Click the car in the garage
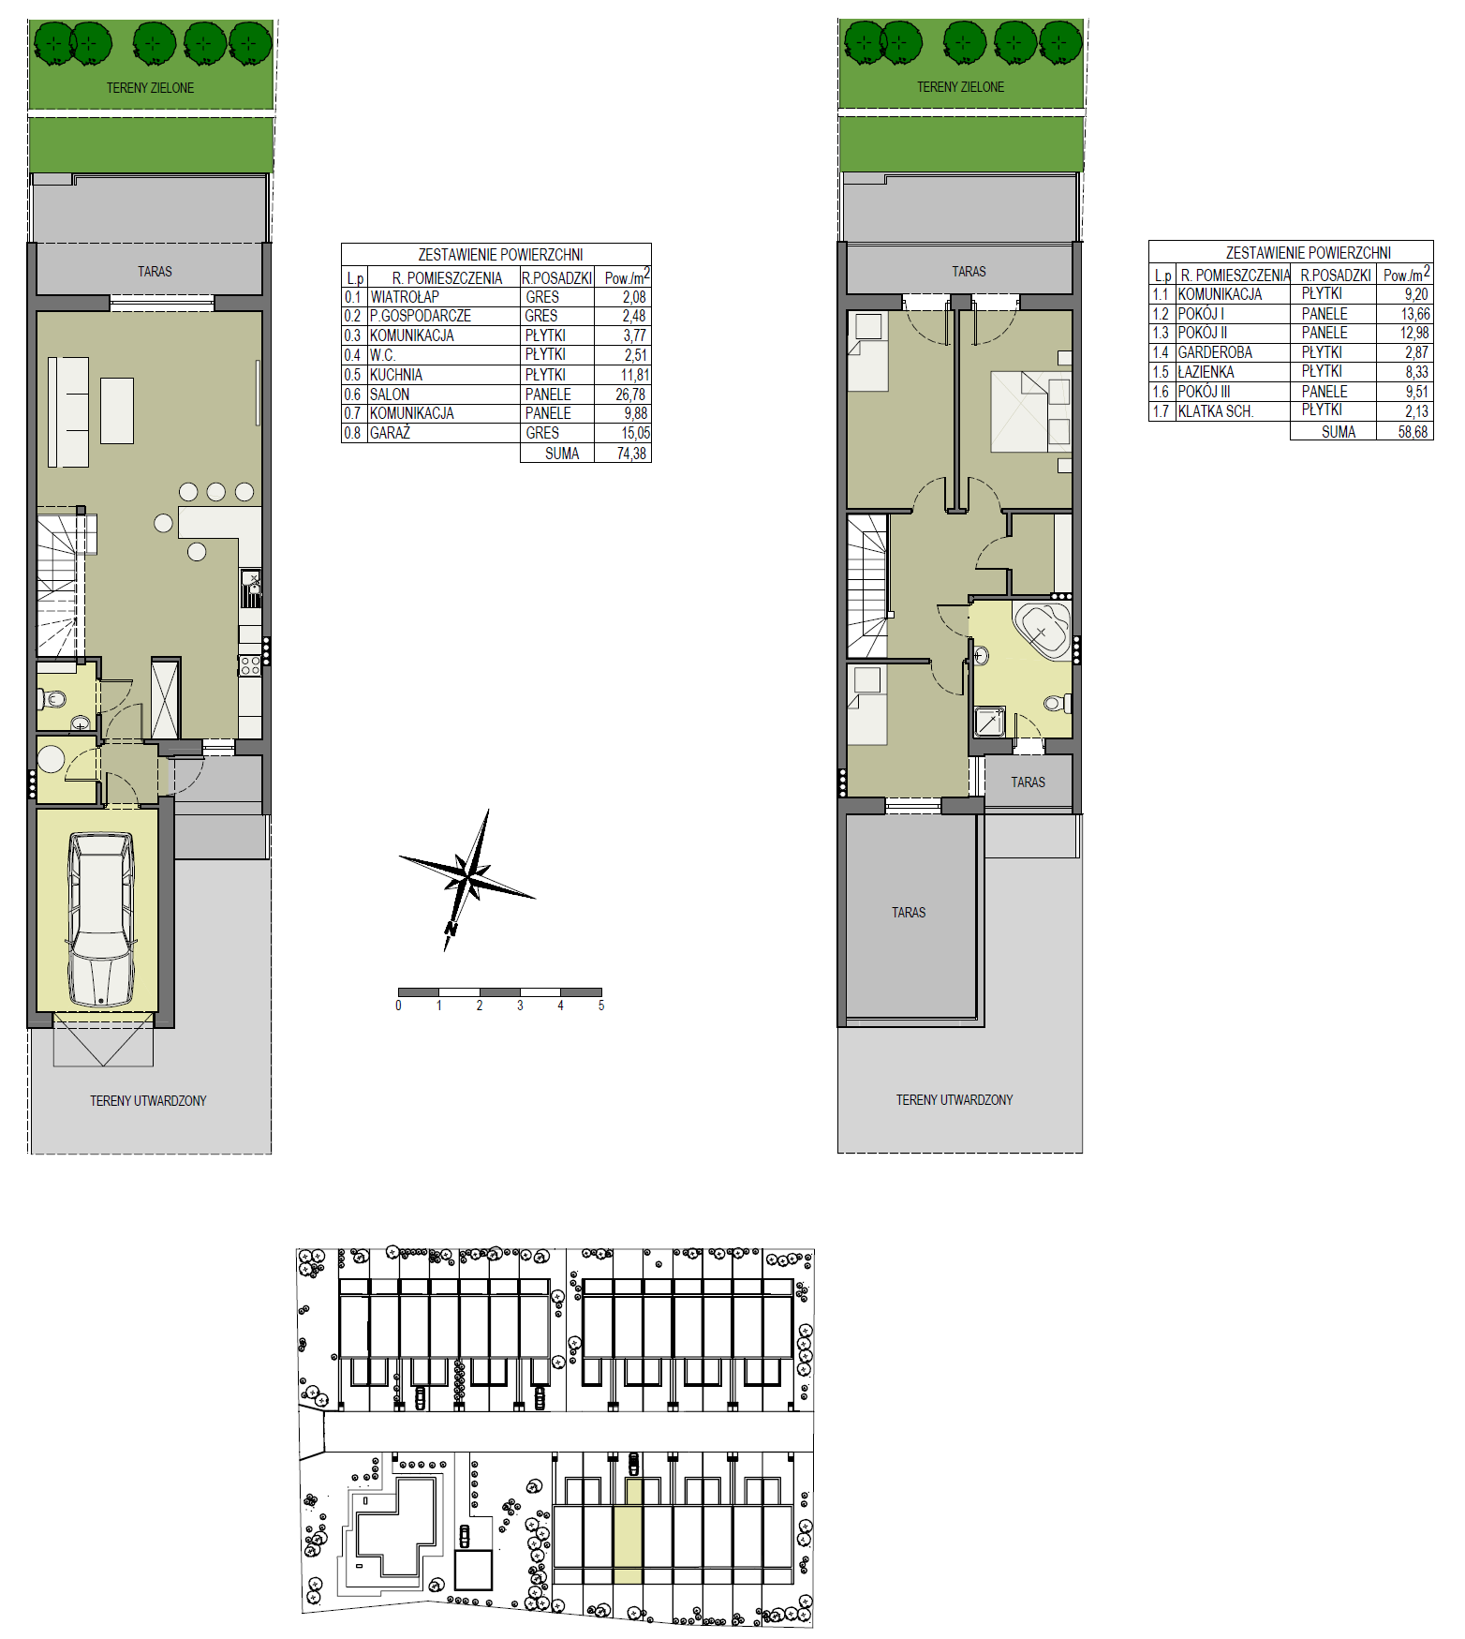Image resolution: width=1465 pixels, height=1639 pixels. pyautogui.click(x=100, y=920)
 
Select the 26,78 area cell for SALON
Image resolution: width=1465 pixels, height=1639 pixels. pyautogui.click(x=630, y=395)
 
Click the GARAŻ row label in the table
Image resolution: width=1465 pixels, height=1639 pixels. pyautogui.click(x=391, y=433)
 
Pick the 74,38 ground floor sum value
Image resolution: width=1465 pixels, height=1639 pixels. pyautogui.click(x=631, y=454)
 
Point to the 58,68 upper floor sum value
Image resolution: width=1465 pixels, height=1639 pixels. pyautogui.click(x=1413, y=432)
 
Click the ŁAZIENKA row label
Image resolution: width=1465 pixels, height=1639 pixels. pyautogui.click(x=1206, y=372)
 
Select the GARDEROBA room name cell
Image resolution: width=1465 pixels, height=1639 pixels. pyautogui.click(x=1215, y=352)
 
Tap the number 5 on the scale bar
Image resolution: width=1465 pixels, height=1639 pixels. pyautogui.click(x=601, y=1006)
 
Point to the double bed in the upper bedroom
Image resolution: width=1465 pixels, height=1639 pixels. pyautogui.click(x=1030, y=412)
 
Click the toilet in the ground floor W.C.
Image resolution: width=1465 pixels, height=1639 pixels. pyautogui.click(x=53, y=698)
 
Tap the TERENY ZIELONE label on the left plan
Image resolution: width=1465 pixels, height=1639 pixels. pyautogui.click(x=150, y=88)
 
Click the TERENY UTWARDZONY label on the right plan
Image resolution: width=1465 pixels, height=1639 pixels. pyautogui.click(x=954, y=1100)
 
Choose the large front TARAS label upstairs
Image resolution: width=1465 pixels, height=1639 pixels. pyautogui.click(x=909, y=913)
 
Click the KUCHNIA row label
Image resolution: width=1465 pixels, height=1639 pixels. pyautogui.click(x=395, y=375)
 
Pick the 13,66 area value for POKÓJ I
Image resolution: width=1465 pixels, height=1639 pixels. pyautogui.click(x=1415, y=314)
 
